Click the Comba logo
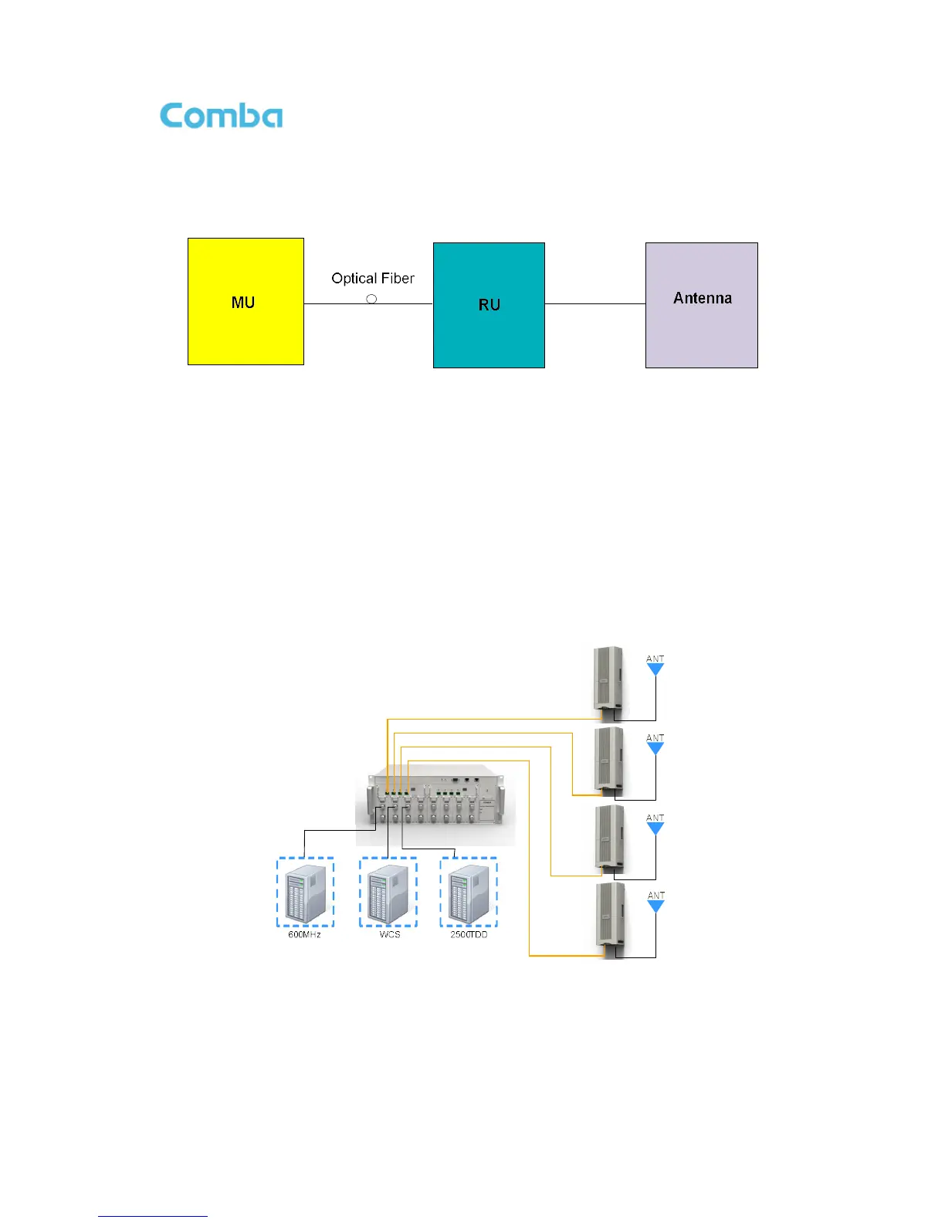(221, 116)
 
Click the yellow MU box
(246, 301)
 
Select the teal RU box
(489, 305)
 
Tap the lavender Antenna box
(701, 305)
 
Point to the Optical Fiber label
(373, 279)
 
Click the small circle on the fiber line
(371, 299)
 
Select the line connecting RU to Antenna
(594, 303)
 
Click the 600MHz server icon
(306, 893)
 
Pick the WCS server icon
(388, 893)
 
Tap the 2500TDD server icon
(469, 893)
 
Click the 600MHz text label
(304, 935)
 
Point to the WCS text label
(390, 935)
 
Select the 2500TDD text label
(469, 935)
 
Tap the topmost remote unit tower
(608, 679)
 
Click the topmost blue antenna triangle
(655, 669)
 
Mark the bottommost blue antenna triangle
(655, 906)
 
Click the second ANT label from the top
(655, 738)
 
